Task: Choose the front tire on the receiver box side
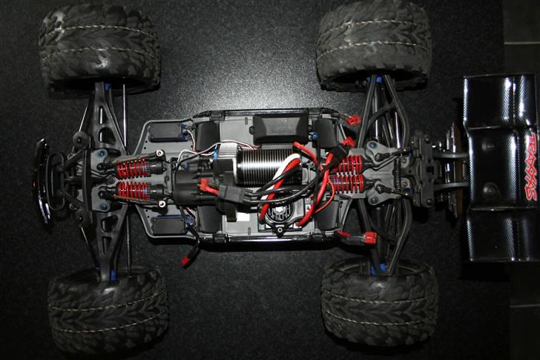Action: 99,45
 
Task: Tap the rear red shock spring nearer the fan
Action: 348,183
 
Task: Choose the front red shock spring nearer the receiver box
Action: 134,168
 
